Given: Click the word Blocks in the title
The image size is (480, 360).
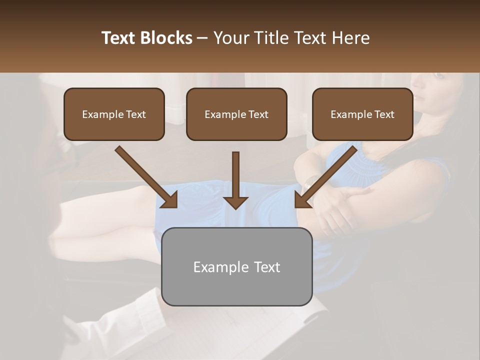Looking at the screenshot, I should tap(167, 38).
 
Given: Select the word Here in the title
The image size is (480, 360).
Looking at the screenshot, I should tap(350, 38).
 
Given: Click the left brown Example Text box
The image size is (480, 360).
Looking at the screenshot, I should tap(114, 114).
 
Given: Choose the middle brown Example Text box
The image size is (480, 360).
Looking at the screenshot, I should tap(236, 114).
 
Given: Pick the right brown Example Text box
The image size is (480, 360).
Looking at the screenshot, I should tap(362, 114).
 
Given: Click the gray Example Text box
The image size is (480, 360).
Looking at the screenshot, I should tap(236, 266).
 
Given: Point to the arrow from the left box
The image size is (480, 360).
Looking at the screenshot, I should tap(146, 177).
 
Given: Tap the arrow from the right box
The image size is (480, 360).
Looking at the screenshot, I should tap(326, 177).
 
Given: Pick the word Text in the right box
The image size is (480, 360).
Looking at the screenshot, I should tap(384, 114).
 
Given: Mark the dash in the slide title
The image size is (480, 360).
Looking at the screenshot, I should tap(202, 38).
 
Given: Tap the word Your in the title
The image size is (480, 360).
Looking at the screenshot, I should tap(229, 38).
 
